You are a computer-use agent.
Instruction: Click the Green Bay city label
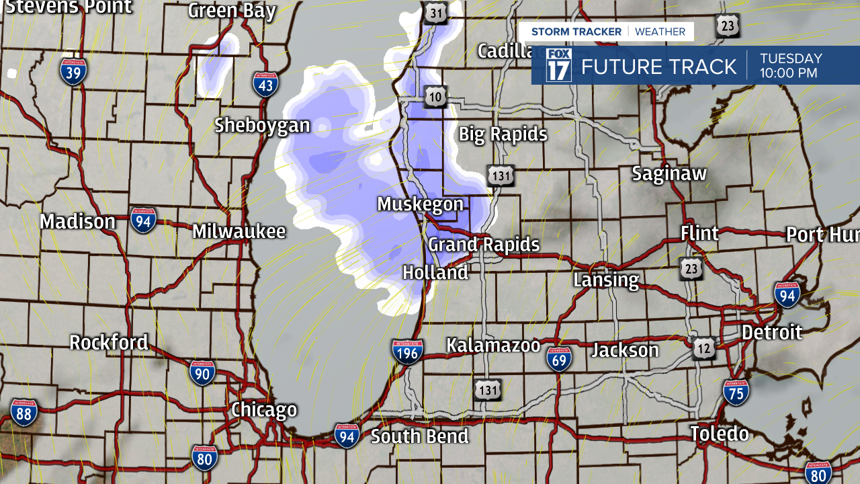(232, 11)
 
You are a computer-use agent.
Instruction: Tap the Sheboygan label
(263, 126)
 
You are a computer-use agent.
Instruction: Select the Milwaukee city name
(239, 232)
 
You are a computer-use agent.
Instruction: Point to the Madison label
(77, 222)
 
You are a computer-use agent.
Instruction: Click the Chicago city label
(264, 410)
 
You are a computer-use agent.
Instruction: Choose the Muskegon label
(421, 204)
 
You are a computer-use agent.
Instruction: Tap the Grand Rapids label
(484, 244)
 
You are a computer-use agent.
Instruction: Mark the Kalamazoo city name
(493, 346)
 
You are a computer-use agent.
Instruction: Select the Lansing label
(606, 280)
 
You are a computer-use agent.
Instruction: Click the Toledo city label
(720, 434)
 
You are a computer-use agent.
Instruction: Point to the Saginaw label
(669, 173)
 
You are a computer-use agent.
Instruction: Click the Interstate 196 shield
(407, 352)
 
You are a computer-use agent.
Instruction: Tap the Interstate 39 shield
(73, 71)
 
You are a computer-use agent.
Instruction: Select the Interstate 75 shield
(736, 392)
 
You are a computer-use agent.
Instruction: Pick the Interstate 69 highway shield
(559, 360)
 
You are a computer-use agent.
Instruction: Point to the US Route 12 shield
(704, 348)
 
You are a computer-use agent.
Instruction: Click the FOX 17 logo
(558, 66)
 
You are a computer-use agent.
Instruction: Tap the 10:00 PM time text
(789, 73)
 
